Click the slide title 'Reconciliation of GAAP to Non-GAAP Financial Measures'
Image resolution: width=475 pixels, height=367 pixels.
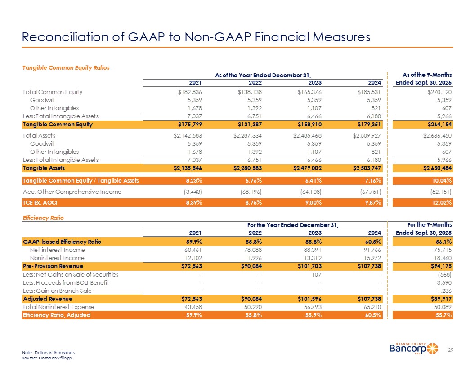pos(196,37)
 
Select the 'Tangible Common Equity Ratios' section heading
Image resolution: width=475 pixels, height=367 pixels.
pos(66,67)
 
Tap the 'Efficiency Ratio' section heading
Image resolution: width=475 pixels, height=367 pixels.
pos(43,218)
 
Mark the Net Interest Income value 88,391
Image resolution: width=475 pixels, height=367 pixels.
pos(310,250)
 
